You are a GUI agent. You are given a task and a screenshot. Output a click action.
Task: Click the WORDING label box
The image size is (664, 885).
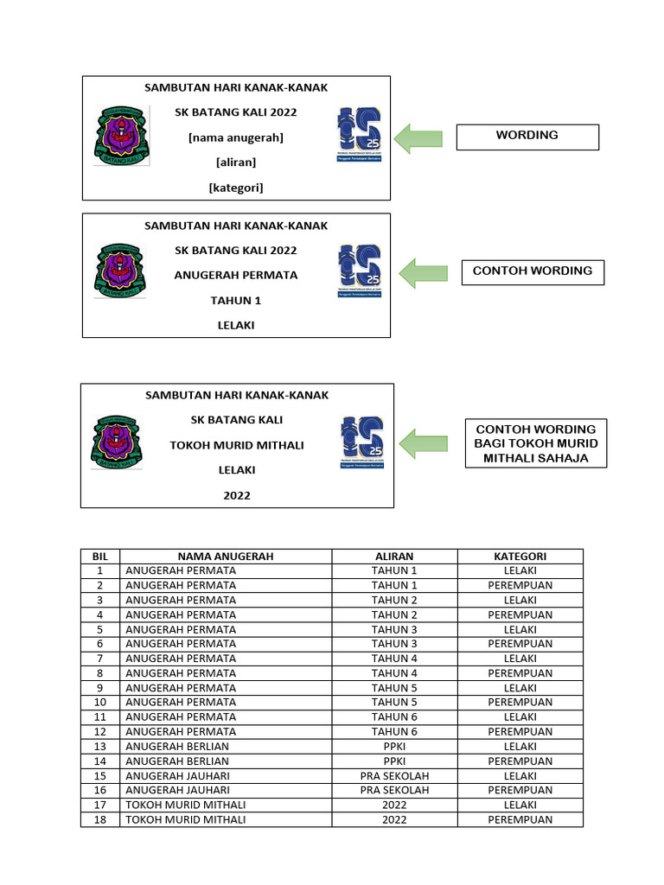pos(527,137)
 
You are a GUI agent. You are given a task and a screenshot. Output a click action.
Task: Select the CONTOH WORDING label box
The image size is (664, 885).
pos(532,271)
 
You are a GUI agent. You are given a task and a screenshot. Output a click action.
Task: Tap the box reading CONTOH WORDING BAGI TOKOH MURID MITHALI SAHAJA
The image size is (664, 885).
pos(536,443)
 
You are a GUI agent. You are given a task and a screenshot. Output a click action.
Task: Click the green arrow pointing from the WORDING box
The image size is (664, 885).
pos(418,137)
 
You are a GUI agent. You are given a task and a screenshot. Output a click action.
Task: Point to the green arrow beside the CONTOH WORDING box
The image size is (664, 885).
pos(423,272)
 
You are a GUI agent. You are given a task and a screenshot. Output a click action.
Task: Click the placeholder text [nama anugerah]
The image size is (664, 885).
pos(235,137)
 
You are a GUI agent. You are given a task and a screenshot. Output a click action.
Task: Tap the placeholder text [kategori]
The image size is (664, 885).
pos(235,187)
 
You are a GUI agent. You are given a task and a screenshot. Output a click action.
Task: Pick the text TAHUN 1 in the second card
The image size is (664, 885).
pos(236,301)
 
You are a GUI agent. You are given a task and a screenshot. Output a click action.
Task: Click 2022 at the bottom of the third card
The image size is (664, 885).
pos(236,495)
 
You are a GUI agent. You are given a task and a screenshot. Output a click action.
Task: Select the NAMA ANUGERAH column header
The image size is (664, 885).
pos(226,557)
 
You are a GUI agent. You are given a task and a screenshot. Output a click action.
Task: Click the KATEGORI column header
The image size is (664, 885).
pos(520,557)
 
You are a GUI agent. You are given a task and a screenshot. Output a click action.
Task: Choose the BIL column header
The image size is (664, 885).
pos(100,557)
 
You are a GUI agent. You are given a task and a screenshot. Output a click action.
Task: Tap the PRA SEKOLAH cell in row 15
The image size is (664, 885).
pos(394,776)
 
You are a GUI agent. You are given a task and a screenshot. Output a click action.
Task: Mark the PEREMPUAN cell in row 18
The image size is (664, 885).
pos(520,820)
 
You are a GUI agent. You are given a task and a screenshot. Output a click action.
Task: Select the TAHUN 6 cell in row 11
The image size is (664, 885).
pos(394,717)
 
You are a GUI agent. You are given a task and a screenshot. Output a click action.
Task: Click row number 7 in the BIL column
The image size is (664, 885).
pos(100,659)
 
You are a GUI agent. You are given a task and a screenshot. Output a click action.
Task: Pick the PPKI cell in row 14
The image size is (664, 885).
pos(394,761)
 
